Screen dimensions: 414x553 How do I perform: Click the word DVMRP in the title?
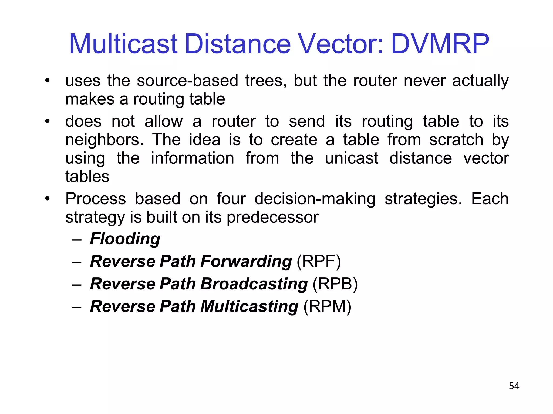tap(440, 44)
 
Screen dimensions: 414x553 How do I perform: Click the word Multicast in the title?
tap(123, 44)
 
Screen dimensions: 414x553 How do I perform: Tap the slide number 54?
tap(514, 386)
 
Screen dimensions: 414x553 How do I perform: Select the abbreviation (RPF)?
tap(319, 261)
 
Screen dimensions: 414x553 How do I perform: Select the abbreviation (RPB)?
tap(335, 284)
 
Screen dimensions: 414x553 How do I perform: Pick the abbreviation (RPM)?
tap(327, 306)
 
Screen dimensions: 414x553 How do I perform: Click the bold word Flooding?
tap(125, 239)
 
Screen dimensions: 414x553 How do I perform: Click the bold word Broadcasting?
tap(254, 284)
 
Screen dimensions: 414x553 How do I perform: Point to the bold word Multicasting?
tap(249, 306)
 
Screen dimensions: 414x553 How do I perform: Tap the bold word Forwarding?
tap(246, 261)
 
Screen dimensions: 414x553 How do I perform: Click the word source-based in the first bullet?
tap(187, 81)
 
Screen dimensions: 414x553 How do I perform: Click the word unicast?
tap(351, 158)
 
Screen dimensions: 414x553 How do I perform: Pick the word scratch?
tap(456, 140)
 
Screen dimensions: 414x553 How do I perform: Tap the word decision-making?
tap(315, 199)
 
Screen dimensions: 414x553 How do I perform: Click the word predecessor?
tap(272, 217)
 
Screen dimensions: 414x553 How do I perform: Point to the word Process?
tap(96, 199)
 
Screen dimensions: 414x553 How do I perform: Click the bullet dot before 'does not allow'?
tap(48, 121)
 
